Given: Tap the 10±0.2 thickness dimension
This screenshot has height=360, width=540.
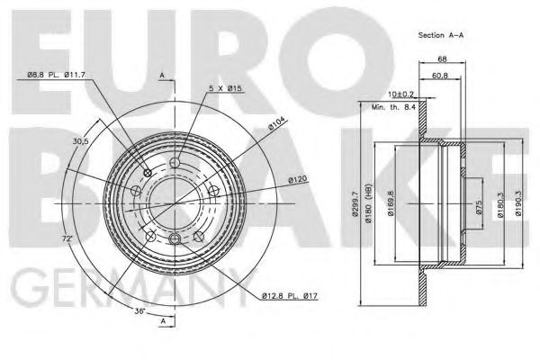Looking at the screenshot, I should (x=401, y=94).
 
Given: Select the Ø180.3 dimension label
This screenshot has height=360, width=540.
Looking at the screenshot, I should (x=500, y=206).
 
